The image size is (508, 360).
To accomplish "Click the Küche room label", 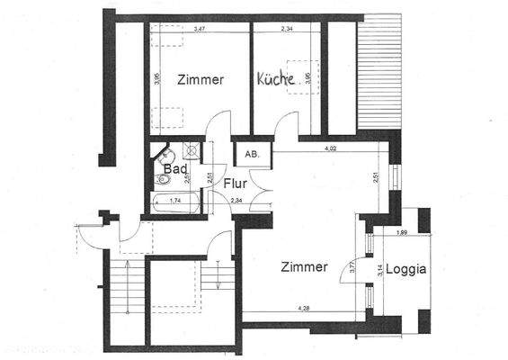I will click(276, 79).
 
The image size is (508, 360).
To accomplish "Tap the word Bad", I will click(174, 168).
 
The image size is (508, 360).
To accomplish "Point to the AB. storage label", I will click(252, 154).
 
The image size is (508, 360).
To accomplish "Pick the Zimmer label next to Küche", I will click(200, 79).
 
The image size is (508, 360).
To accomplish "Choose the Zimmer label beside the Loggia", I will click(304, 266).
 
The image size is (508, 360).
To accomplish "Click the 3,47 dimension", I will click(199, 30).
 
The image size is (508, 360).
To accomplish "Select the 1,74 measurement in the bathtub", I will click(175, 200).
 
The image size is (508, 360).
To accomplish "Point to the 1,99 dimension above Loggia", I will click(402, 233).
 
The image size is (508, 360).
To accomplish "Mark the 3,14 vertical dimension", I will click(380, 268).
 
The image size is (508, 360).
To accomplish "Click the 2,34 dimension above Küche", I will click(287, 30).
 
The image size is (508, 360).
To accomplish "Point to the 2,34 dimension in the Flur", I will click(236, 200).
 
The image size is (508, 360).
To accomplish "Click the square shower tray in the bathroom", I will click(191, 149).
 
